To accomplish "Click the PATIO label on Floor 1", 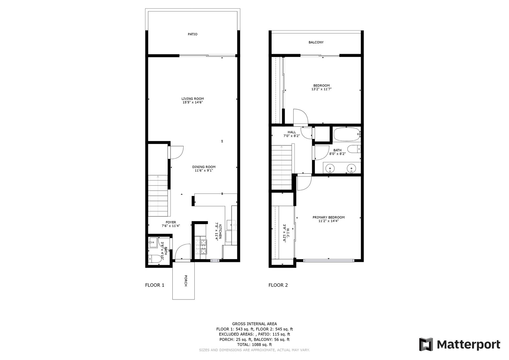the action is click(192, 34).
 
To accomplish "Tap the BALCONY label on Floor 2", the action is click(316, 42).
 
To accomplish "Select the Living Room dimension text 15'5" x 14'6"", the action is click(192, 102).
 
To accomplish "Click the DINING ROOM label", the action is click(204, 167).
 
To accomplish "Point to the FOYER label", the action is click(171, 222).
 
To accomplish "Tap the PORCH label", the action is click(185, 281).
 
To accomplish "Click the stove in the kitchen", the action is click(201, 247).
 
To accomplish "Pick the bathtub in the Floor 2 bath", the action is click(347, 134).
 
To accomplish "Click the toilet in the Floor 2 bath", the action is click(354, 149).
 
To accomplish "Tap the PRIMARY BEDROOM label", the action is click(329, 217).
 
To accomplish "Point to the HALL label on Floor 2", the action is click(292, 132).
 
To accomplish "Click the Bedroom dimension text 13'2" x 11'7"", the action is click(321, 89).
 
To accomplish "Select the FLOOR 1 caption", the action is click(155, 285).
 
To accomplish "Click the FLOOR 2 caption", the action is click(278, 285).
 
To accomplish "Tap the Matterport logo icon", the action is click(426, 344).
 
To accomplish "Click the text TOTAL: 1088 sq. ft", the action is click(254, 344).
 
